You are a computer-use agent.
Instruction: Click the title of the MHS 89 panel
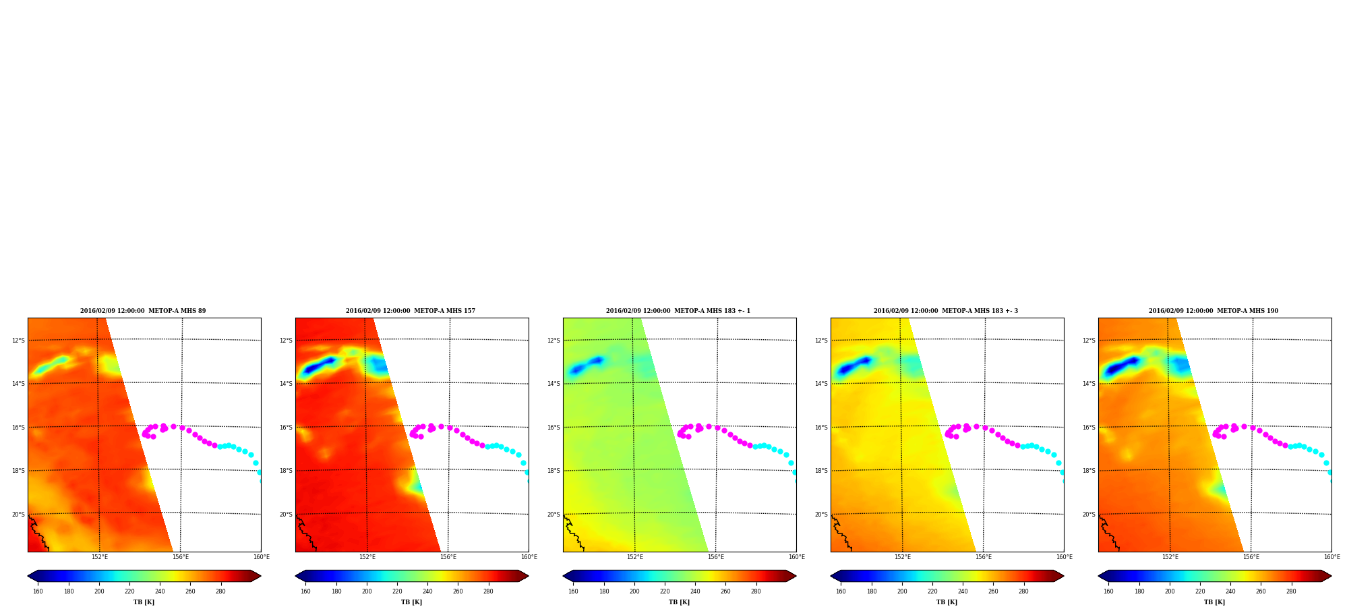pyautogui.click(x=143, y=311)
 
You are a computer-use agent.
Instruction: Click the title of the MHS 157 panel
pyautogui.click(x=411, y=311)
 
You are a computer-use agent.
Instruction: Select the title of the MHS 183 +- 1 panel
pyautogui.click(x=678, y=311)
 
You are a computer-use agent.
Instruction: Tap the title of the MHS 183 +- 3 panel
pyautogui.click(x=946, y=311)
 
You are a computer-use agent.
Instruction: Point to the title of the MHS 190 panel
pyautogui.click(x=1214, y=311)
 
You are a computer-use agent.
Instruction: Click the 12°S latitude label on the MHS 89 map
pyautogui.click(x=18, y=341)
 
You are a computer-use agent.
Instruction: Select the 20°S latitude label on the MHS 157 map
pyautogui.click(x=286, y=515)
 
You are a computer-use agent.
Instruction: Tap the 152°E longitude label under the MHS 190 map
pyautogui.click(x=1170, y=557)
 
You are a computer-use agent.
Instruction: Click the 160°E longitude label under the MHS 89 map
pyautogui.click(x=261, y=557)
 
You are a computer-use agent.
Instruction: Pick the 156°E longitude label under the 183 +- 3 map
pyautogui.click(x=984, y=557)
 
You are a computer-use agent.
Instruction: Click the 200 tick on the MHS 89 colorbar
pyautogui.click(x=99, y=591)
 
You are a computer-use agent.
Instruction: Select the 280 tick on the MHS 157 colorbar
pyautogui.click(x=488, y=591)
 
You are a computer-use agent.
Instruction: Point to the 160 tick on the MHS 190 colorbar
pyautogui.click(x=1108, y=591)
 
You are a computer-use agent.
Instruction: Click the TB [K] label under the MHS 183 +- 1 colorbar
pyautogui.click(x=679, y=602)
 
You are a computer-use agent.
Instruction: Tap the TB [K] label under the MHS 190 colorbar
pyautogui.click(x=1214, y=602)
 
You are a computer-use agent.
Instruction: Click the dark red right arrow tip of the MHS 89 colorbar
pyautogui.click(x=260, y=576)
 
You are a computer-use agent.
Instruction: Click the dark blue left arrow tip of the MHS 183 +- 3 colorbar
pyautogui.click(x=831, y=576)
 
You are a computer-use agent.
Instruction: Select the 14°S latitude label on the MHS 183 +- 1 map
pyautogui.click(x=553, y=384)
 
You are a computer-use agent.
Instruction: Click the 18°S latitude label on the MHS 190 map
pyautogui.click(x=1089, y=471)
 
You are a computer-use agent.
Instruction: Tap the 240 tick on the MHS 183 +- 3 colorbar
pyautogui.click(x=963, y=591)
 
